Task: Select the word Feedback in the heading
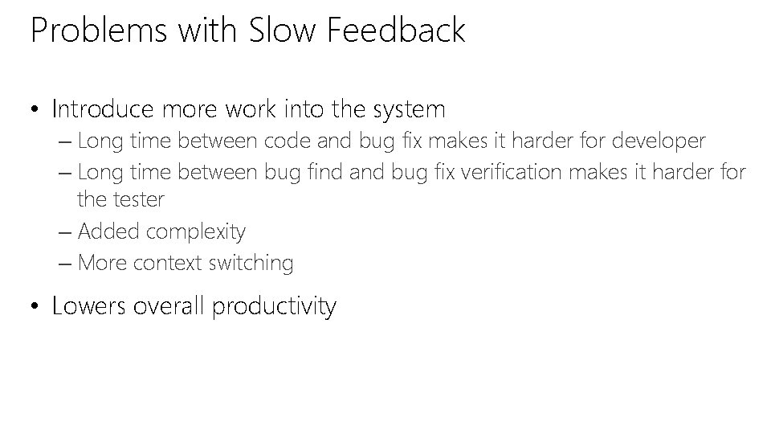[x=397, y=31]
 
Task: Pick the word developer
[x=659, y=142]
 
